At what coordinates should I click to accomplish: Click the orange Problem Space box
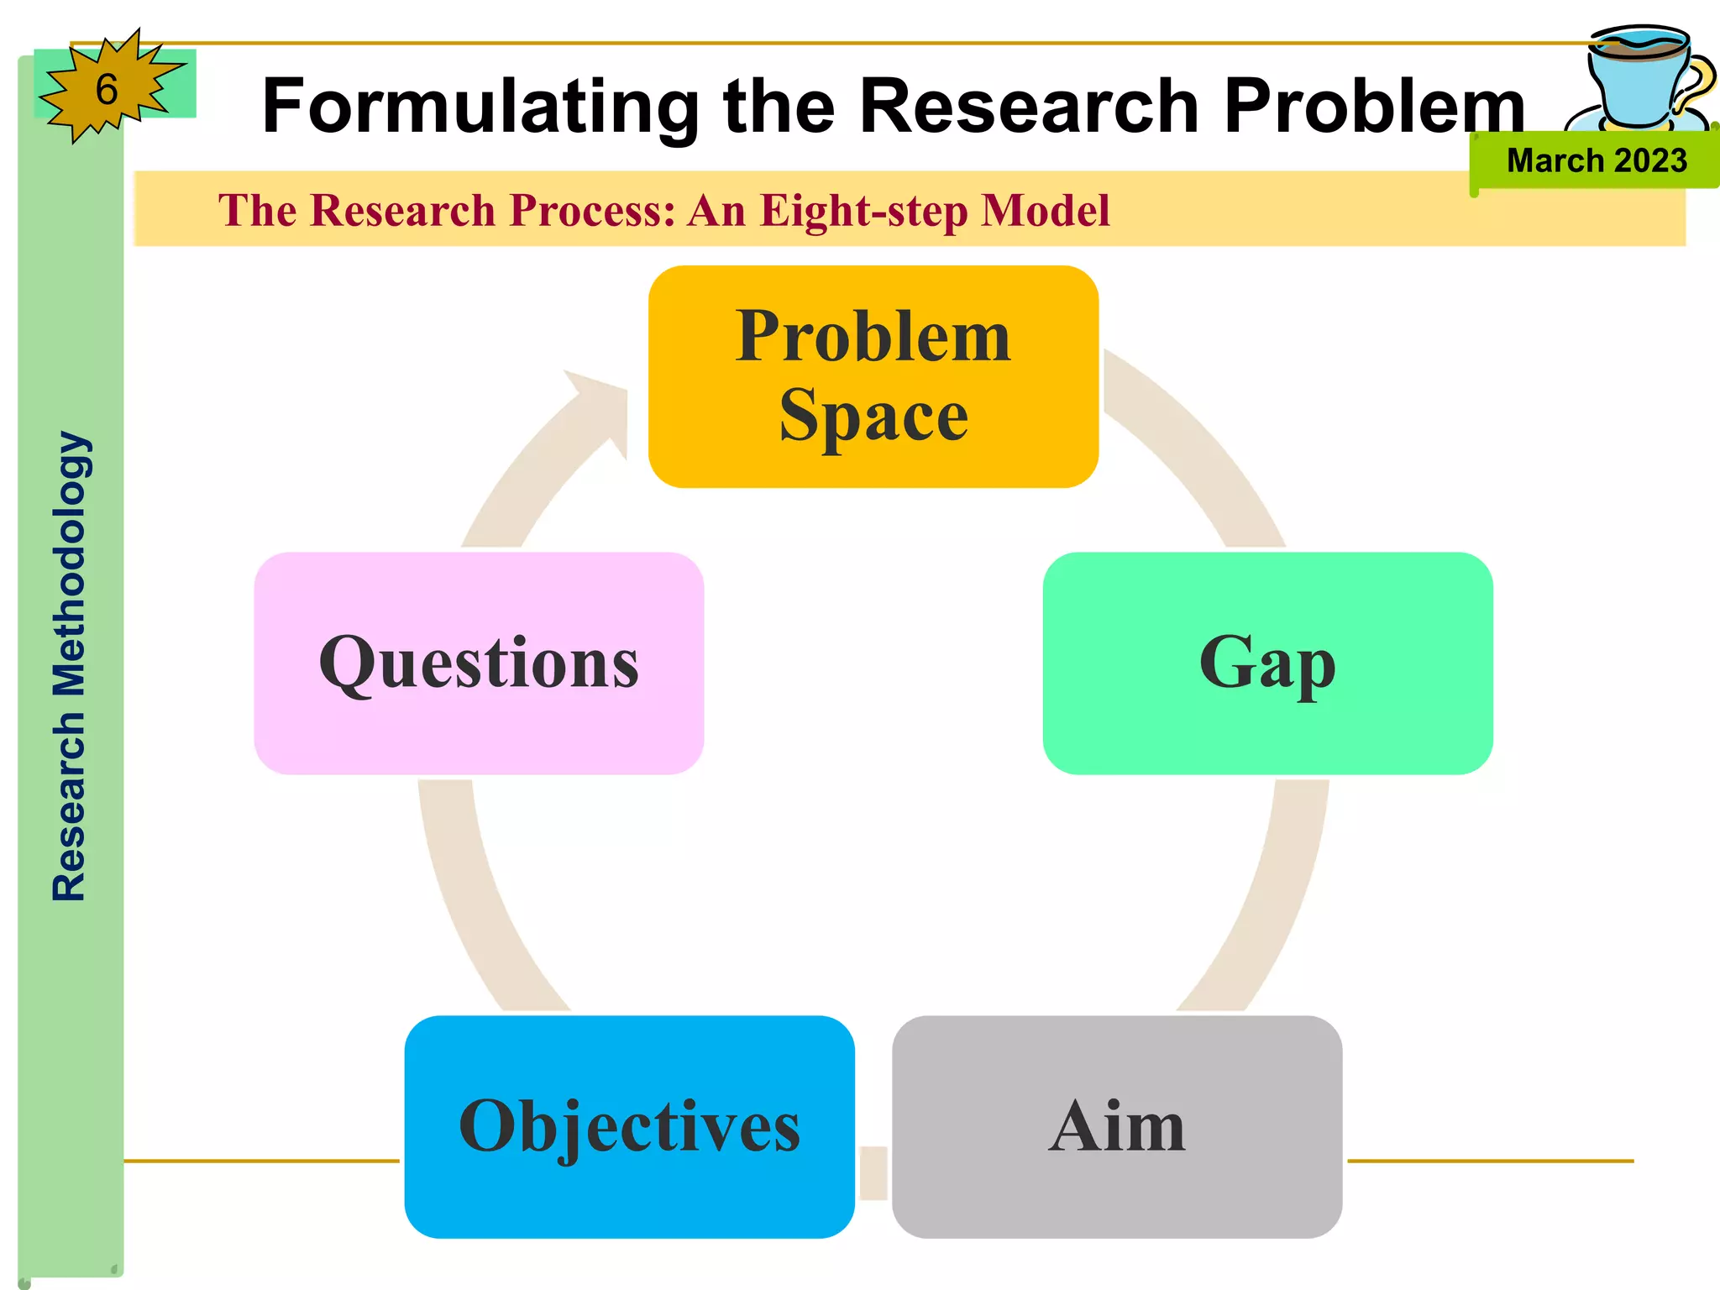point(873,376)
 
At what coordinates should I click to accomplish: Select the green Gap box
point(1267,663)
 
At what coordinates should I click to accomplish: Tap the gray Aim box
point(1117,1126)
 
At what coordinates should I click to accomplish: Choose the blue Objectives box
point(629,1126)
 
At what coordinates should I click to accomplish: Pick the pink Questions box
point(479,663)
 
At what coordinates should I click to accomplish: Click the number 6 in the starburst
point(107,90)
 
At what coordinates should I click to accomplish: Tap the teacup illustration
point(1642,80)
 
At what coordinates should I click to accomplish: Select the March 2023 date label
point(1596,160)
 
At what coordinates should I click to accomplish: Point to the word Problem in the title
point(1374,107)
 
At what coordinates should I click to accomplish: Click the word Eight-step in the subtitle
point(863,210)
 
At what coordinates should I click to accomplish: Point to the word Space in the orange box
point(873,416)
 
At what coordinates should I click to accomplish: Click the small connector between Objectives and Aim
point(873,1172)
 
